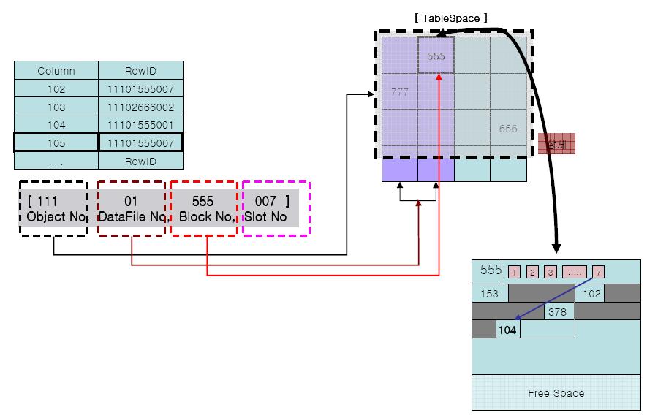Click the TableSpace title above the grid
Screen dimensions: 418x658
(x=450, y=17)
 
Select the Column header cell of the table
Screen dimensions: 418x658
(x=56, y=71)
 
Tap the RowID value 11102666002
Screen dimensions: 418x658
(x=140, y=107)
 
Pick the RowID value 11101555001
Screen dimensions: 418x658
(x=140, y=125)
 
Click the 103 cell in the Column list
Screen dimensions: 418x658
(x=56, y=107)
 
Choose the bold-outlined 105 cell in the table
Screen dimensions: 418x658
(x=56, y=142)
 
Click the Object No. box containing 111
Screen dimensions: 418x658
(x=53, y=208)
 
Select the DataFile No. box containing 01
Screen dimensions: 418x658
(x=131, y=208)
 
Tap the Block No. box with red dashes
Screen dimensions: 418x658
(x=203, y=208)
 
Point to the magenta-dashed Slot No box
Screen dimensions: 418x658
(x=276, y=208)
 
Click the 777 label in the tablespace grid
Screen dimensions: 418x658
(x=400, y=92)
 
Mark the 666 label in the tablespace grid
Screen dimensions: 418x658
(x=508, y=129)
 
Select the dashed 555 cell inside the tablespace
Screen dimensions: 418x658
(x=436, y=56)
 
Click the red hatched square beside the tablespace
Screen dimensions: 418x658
(x=556, y=144)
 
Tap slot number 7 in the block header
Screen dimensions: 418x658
(x=598, y=272)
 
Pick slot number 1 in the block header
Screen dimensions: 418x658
(x=514, y=272)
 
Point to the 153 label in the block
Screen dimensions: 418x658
(x=490, y=294)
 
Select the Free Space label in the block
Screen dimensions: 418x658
(x=556, y=393)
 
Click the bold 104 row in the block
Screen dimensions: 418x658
(x=507, y=330)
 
